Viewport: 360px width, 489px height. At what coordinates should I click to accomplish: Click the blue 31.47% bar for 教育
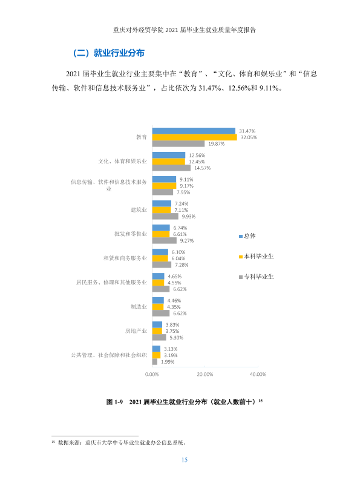[194, 131]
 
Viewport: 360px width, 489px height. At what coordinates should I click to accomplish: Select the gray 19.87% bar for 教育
[178, 144]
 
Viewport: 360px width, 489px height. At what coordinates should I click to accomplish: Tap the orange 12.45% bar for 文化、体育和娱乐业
[169, 162]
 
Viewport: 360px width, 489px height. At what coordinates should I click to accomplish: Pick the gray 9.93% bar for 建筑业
[165, 217]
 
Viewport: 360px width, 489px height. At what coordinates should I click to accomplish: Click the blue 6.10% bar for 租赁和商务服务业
[160, 252]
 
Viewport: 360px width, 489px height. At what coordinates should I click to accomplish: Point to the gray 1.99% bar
[155, 362]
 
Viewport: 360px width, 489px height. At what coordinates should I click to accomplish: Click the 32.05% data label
[249, 137]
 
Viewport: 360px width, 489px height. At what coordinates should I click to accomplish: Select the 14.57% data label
[202, 168]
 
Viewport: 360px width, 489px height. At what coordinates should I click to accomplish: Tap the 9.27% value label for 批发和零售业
[187, 241]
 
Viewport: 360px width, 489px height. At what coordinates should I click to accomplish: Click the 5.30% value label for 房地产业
[177, 338]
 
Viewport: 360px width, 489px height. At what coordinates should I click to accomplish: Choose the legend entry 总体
[247, 236]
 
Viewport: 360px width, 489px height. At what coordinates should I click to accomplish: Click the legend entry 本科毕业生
[256, 257]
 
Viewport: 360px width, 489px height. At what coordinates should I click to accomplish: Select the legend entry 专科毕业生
[256, 277]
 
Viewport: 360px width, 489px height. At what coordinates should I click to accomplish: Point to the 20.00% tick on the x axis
[205, 374]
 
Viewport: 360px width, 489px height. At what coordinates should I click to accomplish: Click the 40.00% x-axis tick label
[258, 374]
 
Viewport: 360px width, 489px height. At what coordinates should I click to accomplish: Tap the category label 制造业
[139, 307]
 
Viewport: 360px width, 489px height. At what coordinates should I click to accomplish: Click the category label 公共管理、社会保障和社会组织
[109, 355]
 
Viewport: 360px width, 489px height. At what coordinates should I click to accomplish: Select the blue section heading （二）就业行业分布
[108, 53]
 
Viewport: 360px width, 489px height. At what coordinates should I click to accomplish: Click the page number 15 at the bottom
[185, 460]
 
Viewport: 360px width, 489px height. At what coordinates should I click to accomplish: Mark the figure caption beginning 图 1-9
[185, 402]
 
